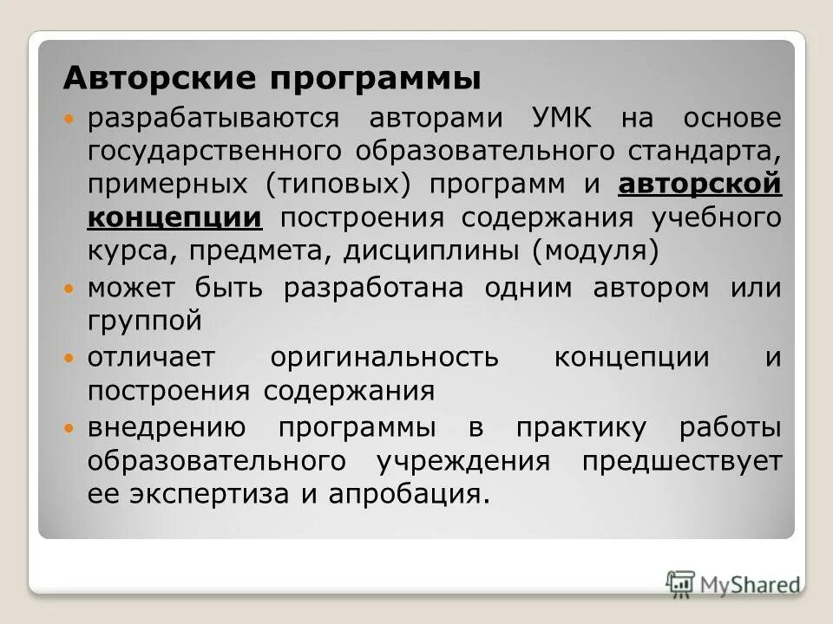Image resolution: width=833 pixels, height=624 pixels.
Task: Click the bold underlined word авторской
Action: click(x=699, y=184)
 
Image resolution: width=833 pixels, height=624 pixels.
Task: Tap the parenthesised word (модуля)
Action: click(x=596, y=251)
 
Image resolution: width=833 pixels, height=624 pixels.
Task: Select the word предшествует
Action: click(x=681, y=461)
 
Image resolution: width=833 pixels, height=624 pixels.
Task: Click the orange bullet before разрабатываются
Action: click(x=72, y=118)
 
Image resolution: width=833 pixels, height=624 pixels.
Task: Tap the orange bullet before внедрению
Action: click(x=72, y=427)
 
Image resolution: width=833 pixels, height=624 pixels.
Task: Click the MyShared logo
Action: click(x=734, y=582)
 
